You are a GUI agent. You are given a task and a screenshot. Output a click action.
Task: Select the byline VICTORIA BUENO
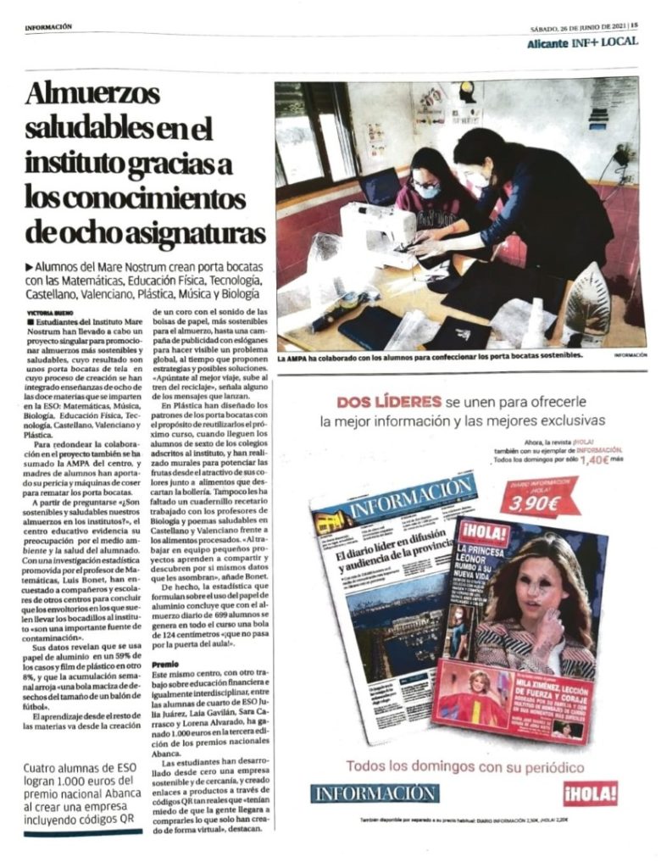(50, 312)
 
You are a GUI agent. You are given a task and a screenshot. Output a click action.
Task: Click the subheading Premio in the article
(165, 665)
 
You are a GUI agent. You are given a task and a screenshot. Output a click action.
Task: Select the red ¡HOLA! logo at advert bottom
(590, 793)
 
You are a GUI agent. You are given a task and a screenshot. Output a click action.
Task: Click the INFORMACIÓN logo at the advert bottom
(374, 793)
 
